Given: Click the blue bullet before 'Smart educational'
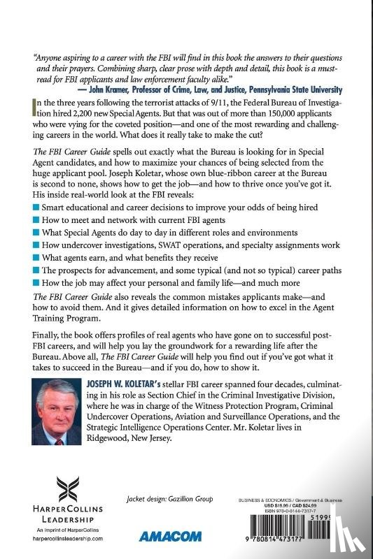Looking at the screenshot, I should point(36,208).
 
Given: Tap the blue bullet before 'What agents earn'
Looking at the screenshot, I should point(36,258).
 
